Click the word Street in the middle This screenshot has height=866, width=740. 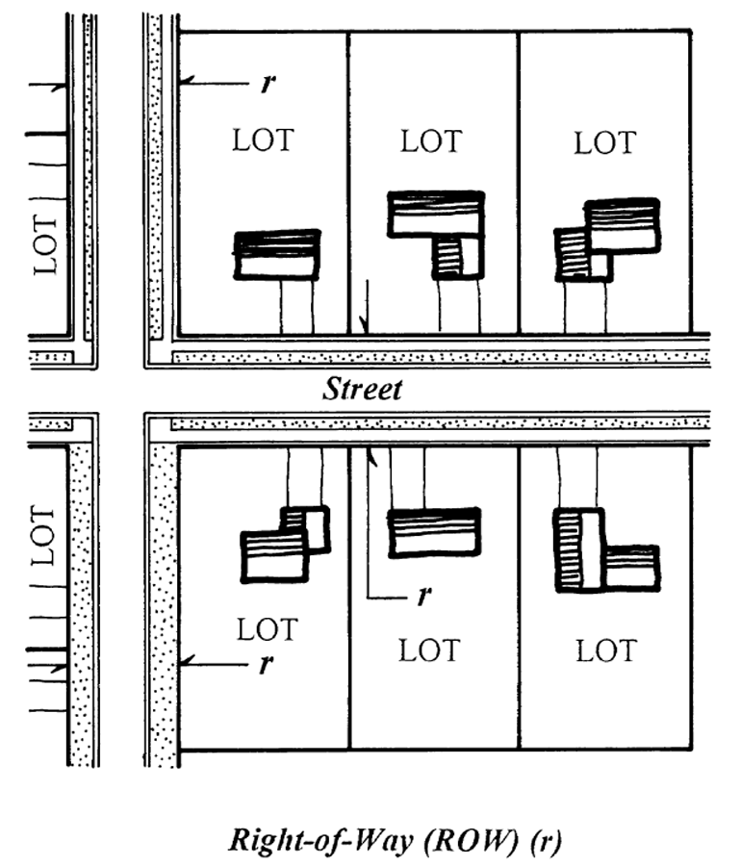(x=362, y=389)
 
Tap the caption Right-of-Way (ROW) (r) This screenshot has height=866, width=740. (x=396, y=840)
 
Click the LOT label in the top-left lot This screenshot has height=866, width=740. (x=263, y=140)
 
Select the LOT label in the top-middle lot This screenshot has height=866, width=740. (x=431, y=141)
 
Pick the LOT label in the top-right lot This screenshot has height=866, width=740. (x=605, y=143)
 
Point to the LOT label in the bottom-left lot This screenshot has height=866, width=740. (x=268, y=629)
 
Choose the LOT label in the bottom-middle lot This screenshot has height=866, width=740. (x=429, y=650)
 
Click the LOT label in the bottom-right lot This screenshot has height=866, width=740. (x=607, y=650)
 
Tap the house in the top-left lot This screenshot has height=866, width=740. (x=277, y=255)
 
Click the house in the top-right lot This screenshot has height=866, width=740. (x=607, y=241)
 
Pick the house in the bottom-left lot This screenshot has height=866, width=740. (x=286, y=544)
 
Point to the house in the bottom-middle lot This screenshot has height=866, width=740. (x=434, y=532)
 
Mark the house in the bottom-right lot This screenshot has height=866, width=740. (x=606, y=550)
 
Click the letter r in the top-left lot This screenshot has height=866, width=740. (x=268, y=83)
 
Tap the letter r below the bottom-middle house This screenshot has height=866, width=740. (x=423, y=596)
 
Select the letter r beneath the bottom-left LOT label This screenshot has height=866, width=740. (x=267, y=664)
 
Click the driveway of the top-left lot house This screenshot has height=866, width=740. (x=297, y=307)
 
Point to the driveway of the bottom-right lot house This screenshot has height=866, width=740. (x=577, y=476)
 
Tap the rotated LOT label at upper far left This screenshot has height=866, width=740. (x=45, y=244)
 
